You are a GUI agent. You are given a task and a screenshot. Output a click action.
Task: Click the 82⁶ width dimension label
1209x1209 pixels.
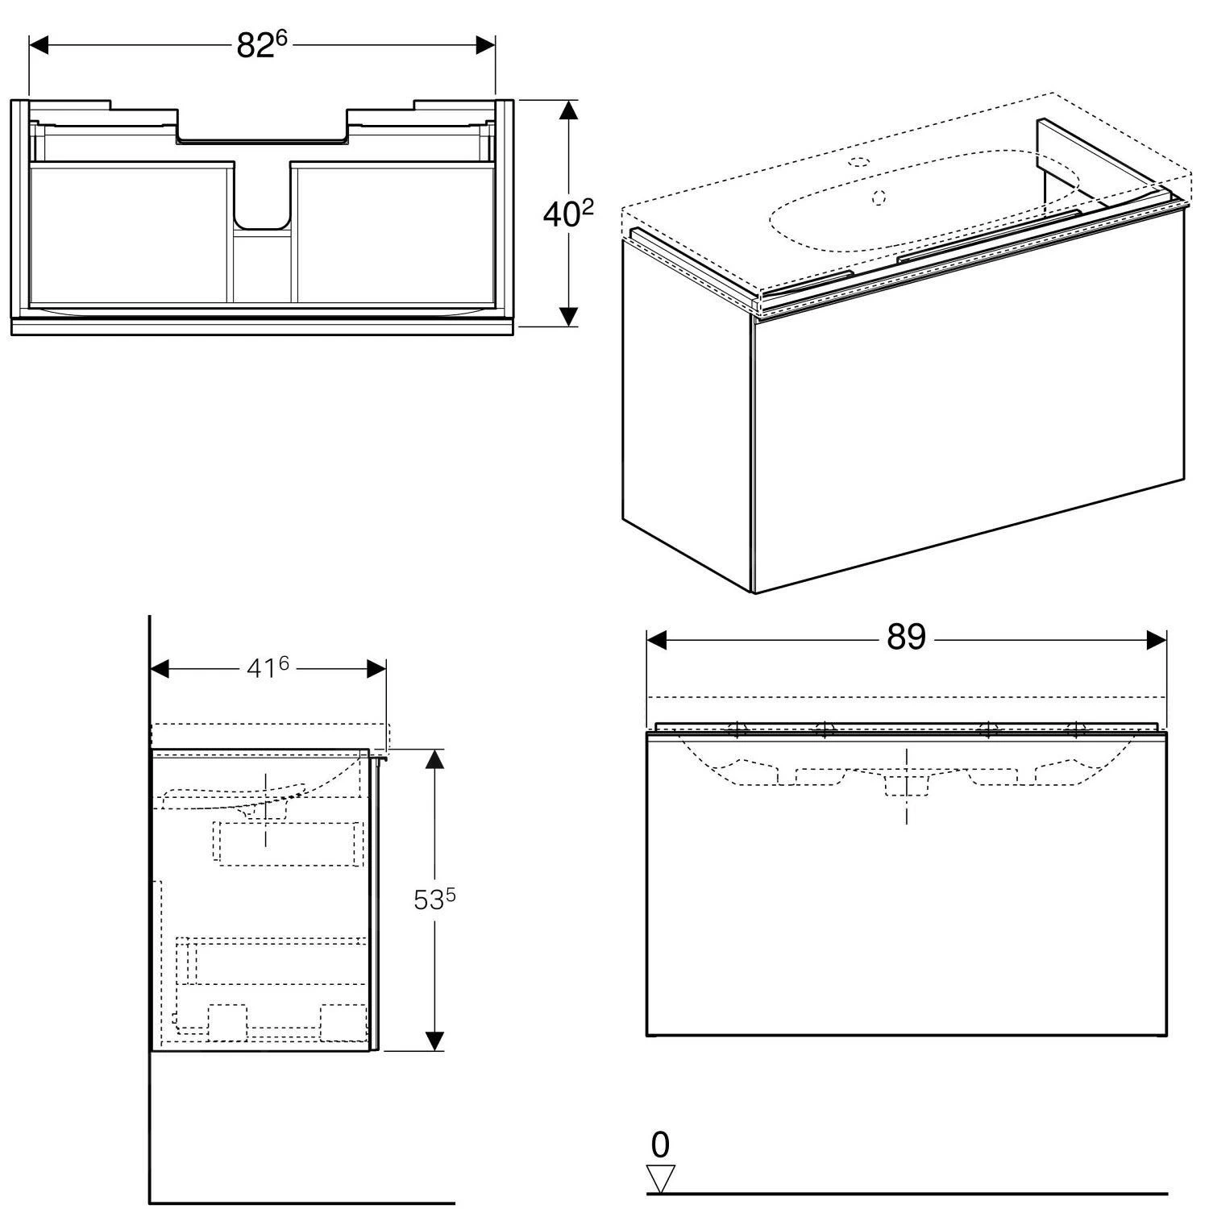pyautogui.click(x=261, y=46)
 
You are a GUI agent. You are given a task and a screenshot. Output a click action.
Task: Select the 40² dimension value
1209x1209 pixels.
pyautogui.click(x=568, y=214)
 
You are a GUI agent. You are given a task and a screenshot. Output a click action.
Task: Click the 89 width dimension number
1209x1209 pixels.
pyautogui.click(x=906, y=638)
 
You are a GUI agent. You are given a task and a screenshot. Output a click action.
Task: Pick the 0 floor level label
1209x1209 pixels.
pyautogui.click(x=660, y=1145)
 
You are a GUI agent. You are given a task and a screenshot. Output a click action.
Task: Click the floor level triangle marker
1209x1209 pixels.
pyautogui.click(x=661, y=1178)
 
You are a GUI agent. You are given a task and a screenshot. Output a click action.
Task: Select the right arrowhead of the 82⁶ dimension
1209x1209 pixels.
pyautogui.click(x=484, y=45)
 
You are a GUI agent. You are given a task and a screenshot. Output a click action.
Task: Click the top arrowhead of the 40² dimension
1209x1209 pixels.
pyautogui.click(x=569, y=110)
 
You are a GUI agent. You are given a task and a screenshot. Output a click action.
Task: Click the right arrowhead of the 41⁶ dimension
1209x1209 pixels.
pyautogui.click(x=376, y=669)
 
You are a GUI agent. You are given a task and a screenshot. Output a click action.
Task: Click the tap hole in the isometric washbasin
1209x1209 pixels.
pyautogui.click(x=860, y=161)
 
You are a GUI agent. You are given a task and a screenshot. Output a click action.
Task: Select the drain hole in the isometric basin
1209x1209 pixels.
pyautogui.click(x=879, y=196)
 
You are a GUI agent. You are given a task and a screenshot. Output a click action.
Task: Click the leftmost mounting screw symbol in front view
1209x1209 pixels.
pyautogui.click(x=737, y=730)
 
